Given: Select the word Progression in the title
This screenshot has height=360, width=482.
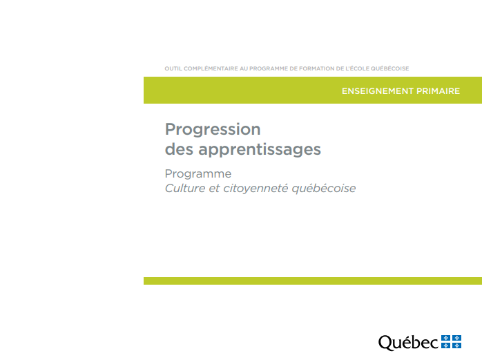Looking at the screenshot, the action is [x=213, y=129].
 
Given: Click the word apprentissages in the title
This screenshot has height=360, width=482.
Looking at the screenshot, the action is [x=260, y=150].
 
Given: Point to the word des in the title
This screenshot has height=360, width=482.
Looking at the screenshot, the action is [x=180, y=149].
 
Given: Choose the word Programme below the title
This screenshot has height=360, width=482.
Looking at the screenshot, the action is [x=198, y=174].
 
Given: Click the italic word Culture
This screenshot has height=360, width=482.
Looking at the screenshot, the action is [x=185, y=189].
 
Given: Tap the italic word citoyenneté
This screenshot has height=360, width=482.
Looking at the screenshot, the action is [x=255, y=189].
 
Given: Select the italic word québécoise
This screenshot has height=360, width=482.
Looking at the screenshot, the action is [x=324, y=189].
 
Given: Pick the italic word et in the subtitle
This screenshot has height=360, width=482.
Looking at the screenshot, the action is [x=214, y=189].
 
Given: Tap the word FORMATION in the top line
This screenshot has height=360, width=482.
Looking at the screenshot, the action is [x=317, y=68].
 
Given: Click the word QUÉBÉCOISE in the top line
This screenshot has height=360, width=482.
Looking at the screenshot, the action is [x=389, y=68].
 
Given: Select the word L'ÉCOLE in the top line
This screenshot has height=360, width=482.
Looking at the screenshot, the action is [x=357, y=68].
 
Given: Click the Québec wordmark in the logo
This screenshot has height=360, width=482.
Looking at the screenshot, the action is [x=408, y=343].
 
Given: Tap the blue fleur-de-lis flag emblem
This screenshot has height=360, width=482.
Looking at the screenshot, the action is [x=451, y=342].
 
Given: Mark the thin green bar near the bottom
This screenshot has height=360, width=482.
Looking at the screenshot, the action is [x=313, y=281].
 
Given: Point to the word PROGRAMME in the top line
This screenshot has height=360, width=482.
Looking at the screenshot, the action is [x=269, y=68].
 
